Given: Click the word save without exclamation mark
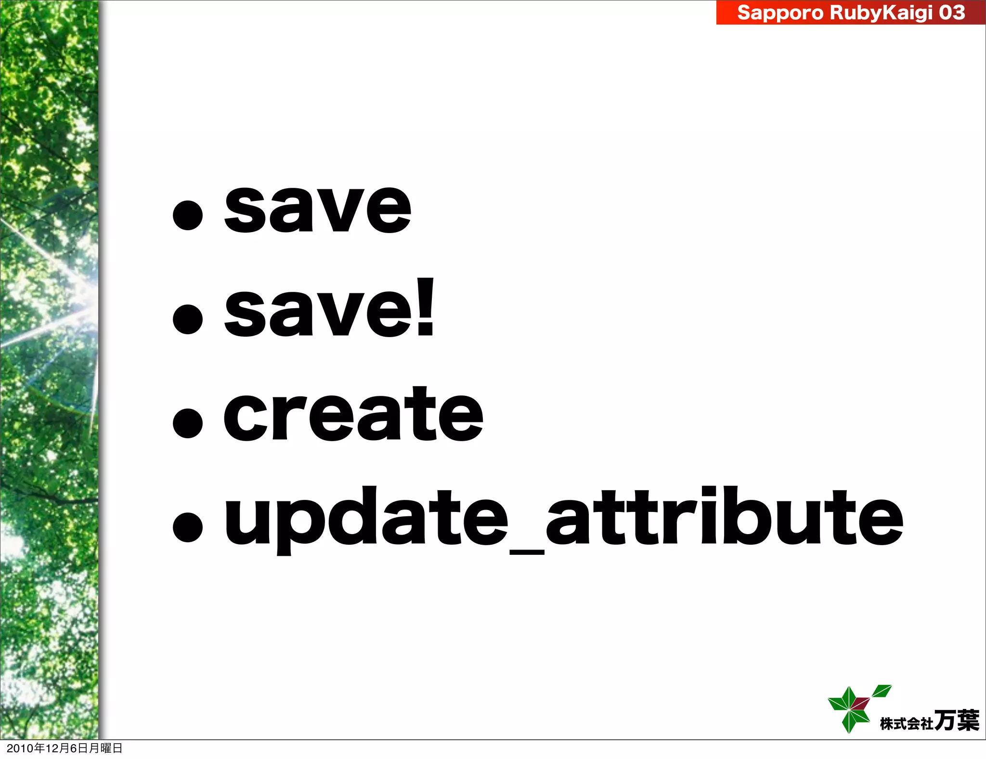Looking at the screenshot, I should tap(318, 209).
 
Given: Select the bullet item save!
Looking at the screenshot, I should tap(329, 308).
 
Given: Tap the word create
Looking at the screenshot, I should tap(353, 414).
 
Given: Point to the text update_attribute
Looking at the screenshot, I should tap(563, 518).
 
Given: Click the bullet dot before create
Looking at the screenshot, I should tap(187, 423).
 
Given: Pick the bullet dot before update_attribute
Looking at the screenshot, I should tap(187, 526).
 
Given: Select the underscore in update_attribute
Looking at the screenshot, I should tap(526, 552).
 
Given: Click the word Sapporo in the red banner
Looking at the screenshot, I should tap(780, 13).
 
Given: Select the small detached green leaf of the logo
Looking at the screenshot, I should tap(882, 691).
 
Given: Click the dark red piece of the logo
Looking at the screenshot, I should tap(860, 704).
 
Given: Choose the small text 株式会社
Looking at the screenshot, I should tap(906, 723).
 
